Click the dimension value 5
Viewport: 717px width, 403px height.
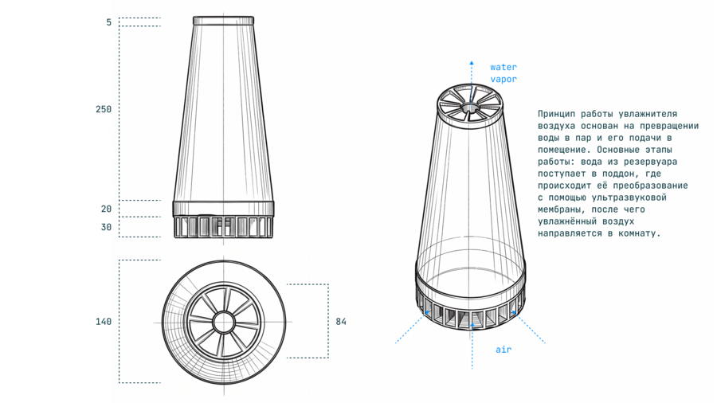tap(109, 22)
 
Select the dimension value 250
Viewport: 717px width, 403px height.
tap(104, 109)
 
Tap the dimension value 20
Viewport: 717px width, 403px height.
tap(106, 209)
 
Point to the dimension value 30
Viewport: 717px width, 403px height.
tap(106, 227)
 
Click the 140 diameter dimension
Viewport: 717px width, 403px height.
tap(104, 322)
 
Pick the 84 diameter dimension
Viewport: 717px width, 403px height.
tap(341, 322)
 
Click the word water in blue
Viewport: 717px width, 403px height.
tap(503, 67)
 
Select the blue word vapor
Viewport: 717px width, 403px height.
tap(503, 79)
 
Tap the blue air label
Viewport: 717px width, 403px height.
tap(503, 350)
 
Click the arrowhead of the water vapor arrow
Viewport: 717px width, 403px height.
tap(472, 63)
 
